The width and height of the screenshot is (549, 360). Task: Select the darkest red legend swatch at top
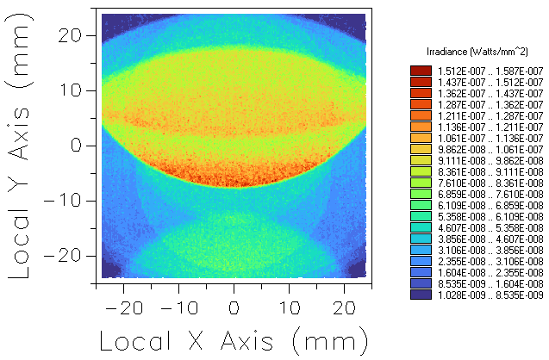click(x=421, y=71)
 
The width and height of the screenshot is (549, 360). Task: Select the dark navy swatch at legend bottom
click(x=421, y=295)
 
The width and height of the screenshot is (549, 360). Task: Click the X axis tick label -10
click(x=178, y=307)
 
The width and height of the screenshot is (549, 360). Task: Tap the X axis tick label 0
click(x=234, y=307)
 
